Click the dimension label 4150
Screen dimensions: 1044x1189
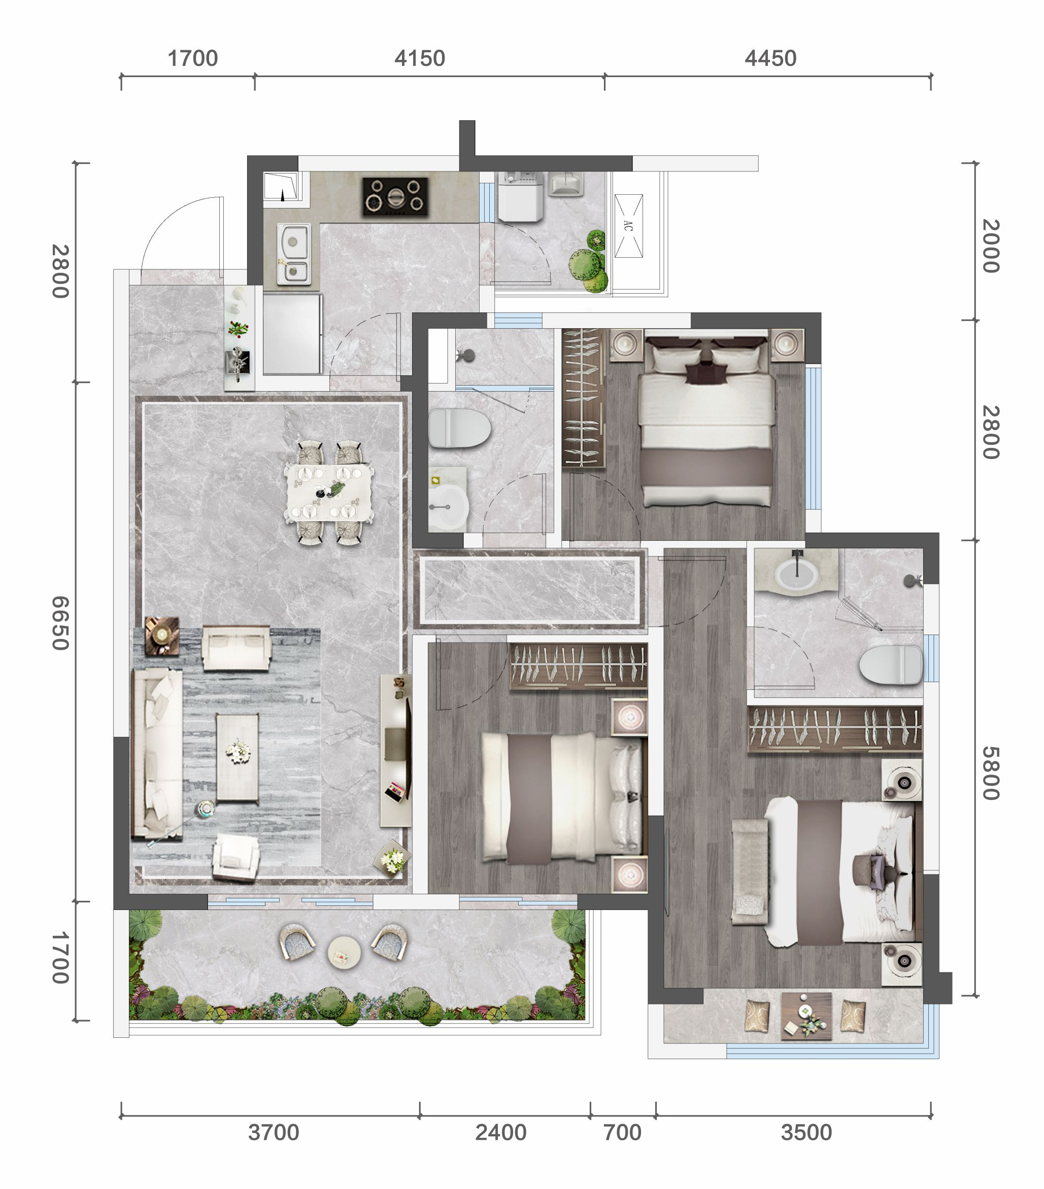point(419,58)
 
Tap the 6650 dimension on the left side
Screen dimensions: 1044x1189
point(60,623)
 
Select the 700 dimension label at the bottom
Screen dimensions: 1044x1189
point(622,1133)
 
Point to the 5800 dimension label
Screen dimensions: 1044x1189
point(991,774)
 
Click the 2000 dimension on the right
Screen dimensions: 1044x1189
point(991,246)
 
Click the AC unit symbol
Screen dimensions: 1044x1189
point(628,226)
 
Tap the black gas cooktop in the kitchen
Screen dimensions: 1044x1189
point(395,197)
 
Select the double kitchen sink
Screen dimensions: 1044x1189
point(293,254)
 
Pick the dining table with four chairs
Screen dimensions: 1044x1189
point(329,492)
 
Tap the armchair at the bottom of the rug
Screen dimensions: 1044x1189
point(235,857)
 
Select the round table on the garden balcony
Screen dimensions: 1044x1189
point(344,952)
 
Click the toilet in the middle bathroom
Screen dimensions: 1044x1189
point(459,428)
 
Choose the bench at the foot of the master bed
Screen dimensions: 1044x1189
point(750,871)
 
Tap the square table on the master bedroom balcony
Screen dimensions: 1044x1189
point(806,1016)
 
